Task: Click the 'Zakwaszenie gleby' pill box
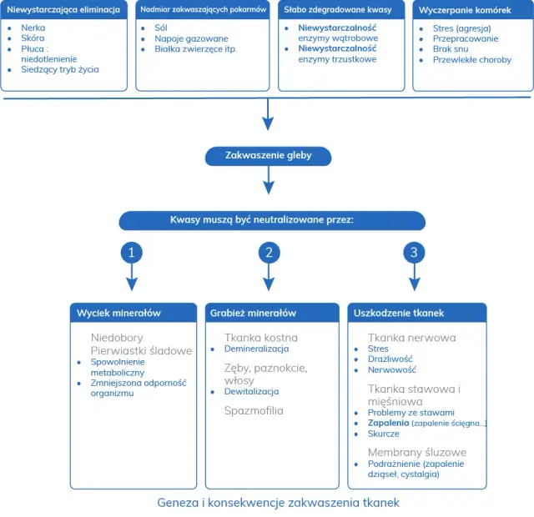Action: [268, 156]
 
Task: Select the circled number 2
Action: [268, 252]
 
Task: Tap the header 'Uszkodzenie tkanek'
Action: [399, 313]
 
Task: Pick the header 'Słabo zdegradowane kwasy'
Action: [329, 9]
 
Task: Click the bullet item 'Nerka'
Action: [33, 28]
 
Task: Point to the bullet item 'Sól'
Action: [161, 28]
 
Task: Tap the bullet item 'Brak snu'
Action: [451, 49]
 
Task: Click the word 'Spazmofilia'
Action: [254, 410]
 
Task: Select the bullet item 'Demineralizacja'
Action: [256, 349]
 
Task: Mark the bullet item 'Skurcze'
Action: [383, 434]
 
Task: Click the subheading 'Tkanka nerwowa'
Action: [411, 338]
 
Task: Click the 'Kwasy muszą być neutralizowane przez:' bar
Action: [271, 221]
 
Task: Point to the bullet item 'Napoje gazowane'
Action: [190, 38]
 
